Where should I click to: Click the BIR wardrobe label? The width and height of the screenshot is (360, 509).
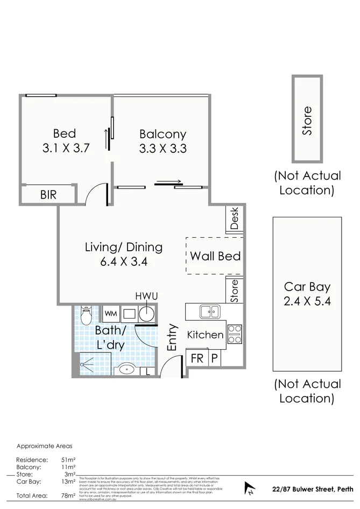point(48,195)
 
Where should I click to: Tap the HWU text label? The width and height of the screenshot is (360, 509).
point(146,296)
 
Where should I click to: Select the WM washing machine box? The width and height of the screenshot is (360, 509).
point(111,313)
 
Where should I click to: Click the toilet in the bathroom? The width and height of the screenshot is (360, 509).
point(86,313)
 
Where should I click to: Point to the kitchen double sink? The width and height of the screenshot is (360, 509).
point(208,311)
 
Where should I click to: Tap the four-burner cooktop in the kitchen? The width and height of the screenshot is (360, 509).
point(235,334)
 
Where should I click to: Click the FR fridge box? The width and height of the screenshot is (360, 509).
point(197,358)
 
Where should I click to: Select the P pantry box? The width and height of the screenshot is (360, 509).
point(214,358)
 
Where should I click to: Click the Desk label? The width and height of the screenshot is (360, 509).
point(235,218)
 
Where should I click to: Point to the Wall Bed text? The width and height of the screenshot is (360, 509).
point(215,256)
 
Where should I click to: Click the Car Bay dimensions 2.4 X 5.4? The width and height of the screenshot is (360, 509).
point(307,301)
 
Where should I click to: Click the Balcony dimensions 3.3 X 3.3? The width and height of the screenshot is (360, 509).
point(163,149)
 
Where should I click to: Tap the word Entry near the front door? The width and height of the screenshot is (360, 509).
point(172,337)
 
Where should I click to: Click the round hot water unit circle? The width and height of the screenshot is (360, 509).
point(146,314)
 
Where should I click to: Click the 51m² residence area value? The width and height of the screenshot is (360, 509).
point(67,460)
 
